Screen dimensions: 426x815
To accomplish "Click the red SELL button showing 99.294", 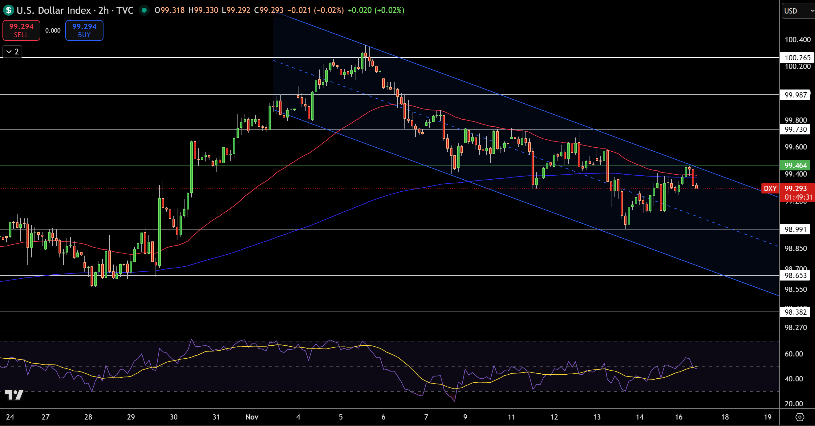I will (21, 30).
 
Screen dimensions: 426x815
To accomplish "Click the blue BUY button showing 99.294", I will (84, 30).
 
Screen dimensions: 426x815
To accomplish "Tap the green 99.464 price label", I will (795, 165).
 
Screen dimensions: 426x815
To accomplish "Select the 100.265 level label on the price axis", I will (797, 58).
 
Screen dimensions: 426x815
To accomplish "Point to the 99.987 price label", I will (795, 95).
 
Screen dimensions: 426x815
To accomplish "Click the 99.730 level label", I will (795, 129).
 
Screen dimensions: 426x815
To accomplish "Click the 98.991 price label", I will (795, 229).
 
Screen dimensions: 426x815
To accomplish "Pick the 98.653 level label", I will (795, 275).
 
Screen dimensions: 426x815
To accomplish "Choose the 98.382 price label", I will (795, 312).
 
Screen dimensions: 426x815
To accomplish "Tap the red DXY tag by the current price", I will (770, 189).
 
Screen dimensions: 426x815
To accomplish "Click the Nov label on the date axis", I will (252, 417).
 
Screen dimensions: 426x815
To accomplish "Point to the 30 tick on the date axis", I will (173, 417).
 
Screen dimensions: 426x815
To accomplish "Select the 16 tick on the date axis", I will (678, 417).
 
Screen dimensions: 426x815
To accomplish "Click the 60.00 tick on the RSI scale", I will (793, 354).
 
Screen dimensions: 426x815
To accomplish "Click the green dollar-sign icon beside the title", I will (9, 10).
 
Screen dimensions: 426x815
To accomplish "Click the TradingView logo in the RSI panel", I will (14, 395).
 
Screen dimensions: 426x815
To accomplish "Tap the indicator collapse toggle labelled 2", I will (12, 51).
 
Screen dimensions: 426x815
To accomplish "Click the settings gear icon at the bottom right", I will (800, 417).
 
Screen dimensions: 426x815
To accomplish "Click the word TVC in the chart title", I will (125, 10).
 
